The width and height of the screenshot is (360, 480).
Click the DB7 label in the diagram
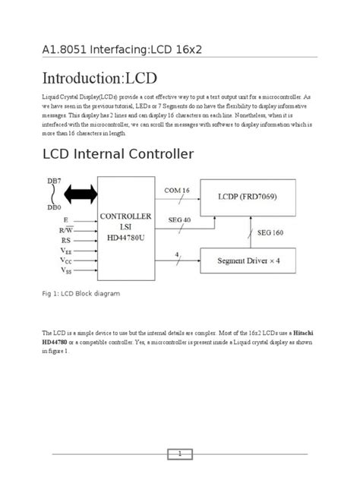point(55,182)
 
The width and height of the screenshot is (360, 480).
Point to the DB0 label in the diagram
point(55,207)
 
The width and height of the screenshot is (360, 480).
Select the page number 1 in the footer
point(180,453)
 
